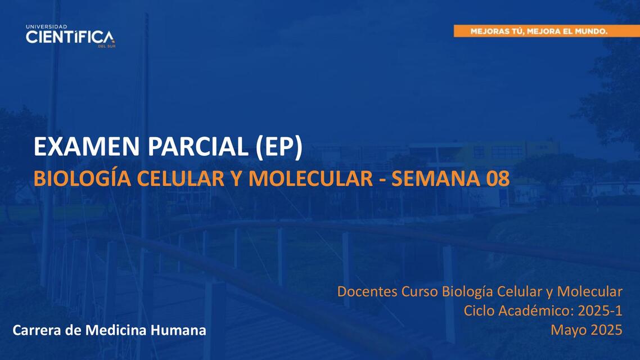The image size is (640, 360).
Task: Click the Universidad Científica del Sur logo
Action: click(70, 37)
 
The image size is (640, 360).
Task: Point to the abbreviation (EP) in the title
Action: click(279, 147)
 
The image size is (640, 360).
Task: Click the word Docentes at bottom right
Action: click(367, 292)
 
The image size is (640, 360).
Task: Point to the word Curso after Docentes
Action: click(420, 292)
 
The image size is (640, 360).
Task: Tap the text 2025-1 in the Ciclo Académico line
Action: click(600, 310)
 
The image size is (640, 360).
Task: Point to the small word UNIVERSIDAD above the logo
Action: click(47, 26)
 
